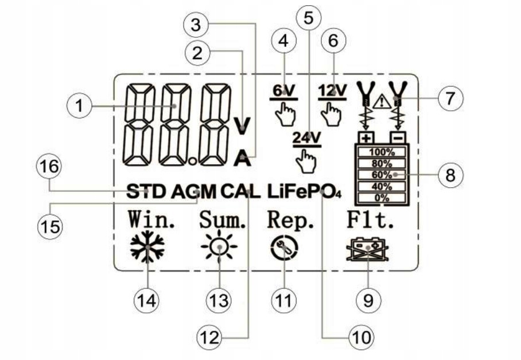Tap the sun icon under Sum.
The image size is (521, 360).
219,247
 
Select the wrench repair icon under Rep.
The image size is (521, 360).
284,247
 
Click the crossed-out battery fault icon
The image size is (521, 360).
367,249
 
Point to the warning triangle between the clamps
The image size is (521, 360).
382,101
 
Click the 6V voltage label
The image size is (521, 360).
283,90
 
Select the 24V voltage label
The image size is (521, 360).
306,137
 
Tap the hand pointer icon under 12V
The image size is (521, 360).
331,114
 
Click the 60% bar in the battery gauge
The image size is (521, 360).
382,175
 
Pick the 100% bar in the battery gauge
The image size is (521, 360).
382,152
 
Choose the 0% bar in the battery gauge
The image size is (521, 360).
382,198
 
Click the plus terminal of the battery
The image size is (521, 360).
366,137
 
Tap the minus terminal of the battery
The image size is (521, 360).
398,137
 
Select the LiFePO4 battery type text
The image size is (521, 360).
304,192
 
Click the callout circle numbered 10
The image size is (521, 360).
361,337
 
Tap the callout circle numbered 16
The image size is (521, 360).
50,166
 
